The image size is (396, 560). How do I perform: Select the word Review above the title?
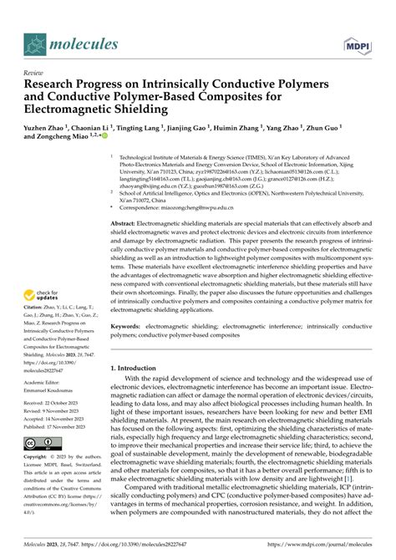(35, 73)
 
